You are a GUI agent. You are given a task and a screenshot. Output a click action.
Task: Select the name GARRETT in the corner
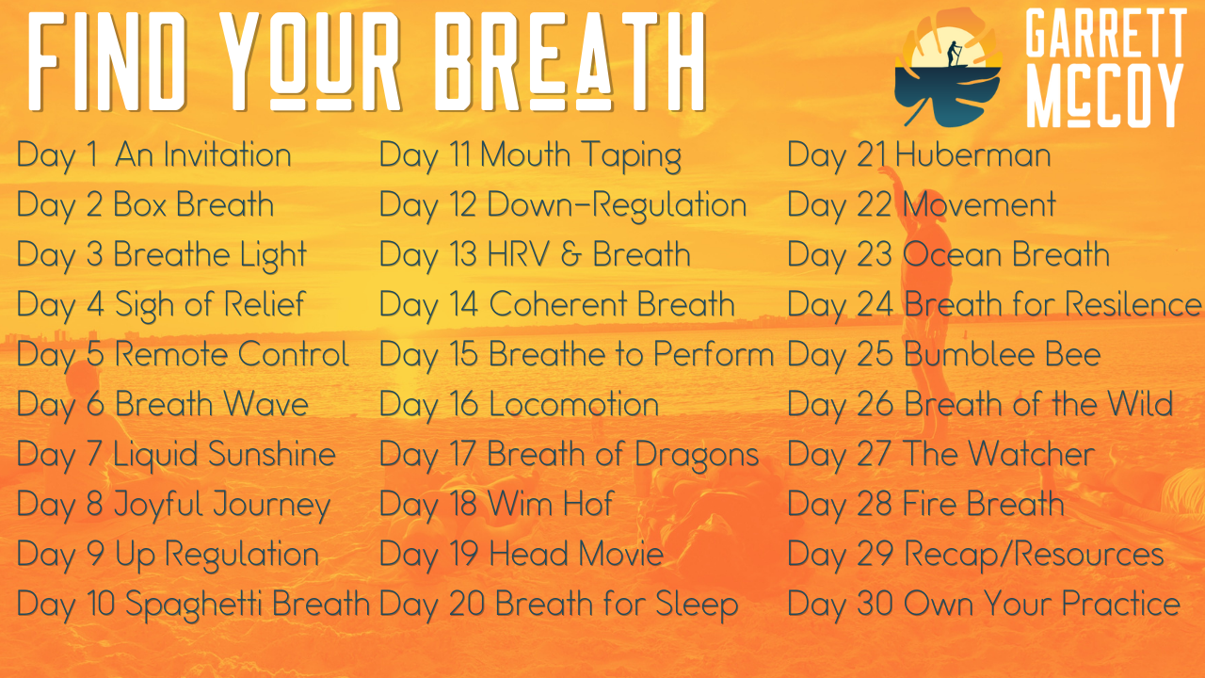[x=1102, y=36]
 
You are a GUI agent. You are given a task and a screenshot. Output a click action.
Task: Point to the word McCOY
[x=1102, y=96]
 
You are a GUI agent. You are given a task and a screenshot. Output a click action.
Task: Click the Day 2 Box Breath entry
[x=146, y=205]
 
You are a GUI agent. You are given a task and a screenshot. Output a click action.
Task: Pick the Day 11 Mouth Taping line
[x=530, y=155]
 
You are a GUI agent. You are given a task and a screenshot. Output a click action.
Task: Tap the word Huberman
[x=973, y=155]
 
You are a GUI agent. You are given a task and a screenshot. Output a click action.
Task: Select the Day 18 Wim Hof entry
[x=496, y=505]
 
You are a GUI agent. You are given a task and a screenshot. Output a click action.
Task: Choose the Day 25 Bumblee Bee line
[x=943, y=355]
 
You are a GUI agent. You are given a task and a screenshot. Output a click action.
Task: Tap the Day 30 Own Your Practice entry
[x=983, y=605]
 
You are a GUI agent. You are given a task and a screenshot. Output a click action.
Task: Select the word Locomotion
[x=574, y=405]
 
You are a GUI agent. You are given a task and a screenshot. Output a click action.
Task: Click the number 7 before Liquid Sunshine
[x=94, y=455]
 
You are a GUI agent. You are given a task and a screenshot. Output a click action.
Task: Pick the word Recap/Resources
[x=1034, y=555]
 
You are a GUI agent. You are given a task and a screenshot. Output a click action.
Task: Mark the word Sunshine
[x=272, y=455]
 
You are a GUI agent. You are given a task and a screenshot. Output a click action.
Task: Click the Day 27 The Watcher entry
[x=940, y=455]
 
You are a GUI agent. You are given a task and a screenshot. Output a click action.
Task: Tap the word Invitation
[x=227, y=155]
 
